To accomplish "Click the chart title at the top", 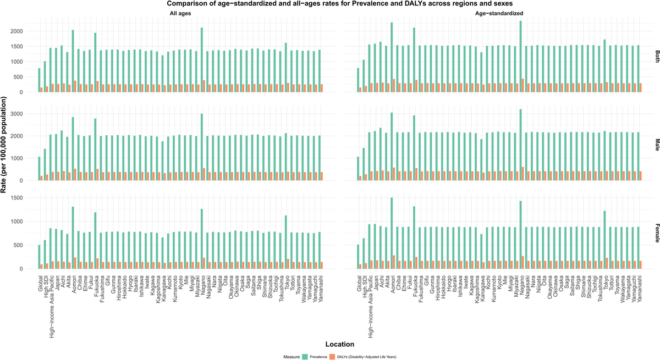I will (329, 4).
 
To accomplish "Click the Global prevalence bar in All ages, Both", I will (39, 80).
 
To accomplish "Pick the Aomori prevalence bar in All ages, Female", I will (73, 238).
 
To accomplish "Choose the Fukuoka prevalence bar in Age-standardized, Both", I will (414, 60).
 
